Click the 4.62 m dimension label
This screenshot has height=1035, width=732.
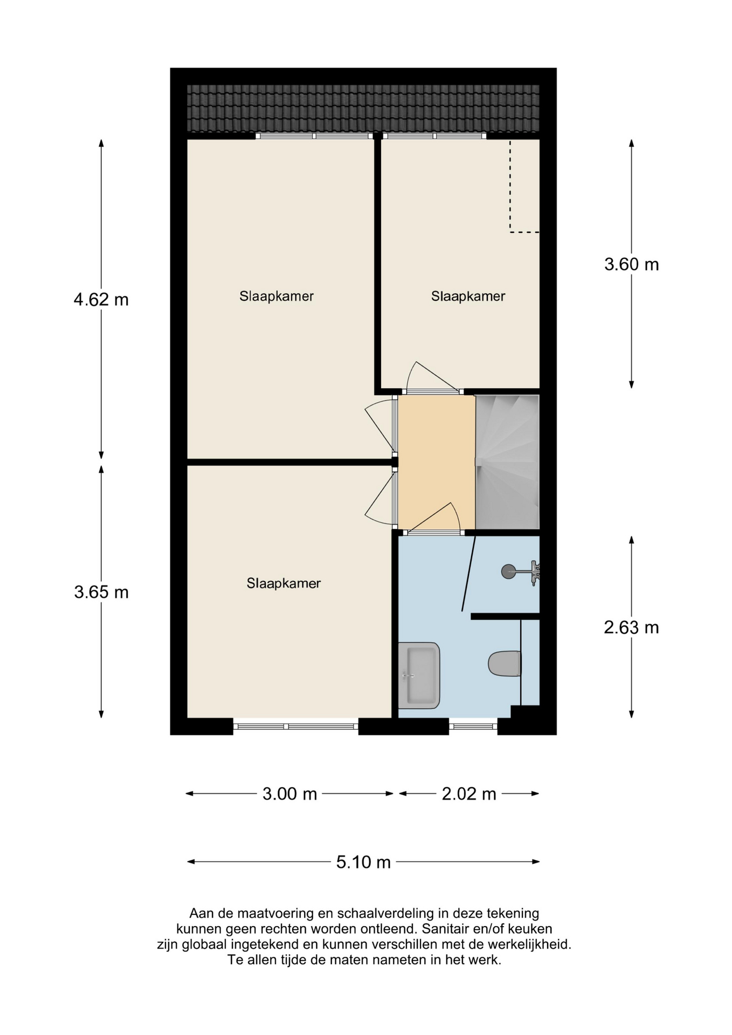101,299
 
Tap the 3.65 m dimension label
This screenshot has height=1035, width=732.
101,592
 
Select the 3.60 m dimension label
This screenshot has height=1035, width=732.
631,265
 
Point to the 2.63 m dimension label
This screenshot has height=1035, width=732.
631,627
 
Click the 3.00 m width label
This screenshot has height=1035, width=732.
289,794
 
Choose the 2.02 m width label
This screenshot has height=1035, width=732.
469,794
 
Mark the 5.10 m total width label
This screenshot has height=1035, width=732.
363,862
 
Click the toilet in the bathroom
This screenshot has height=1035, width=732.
505,664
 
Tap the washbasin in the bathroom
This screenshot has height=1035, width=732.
419,675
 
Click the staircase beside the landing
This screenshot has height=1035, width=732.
507,463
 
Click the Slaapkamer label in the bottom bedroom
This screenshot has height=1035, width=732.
284,583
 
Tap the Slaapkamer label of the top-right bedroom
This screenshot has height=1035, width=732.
468,296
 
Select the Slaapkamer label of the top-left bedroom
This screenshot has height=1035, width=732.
277,296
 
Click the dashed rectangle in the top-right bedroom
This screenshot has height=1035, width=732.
524,187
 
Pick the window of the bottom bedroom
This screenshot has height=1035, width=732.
295,727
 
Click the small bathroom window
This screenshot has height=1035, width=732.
473,727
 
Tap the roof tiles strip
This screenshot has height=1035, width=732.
363,108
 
